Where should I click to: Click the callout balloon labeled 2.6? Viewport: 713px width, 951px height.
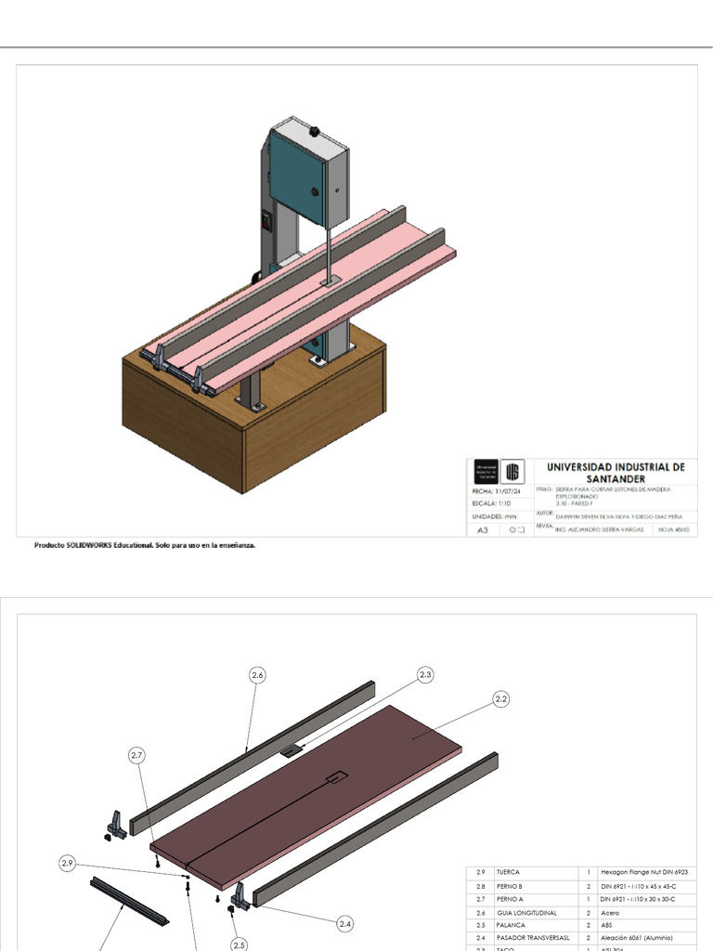[258, 676]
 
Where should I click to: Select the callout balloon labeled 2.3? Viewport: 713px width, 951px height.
[425, 675]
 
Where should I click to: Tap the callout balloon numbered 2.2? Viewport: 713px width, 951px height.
[501, 699]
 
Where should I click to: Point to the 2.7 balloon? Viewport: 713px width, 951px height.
[137, 755]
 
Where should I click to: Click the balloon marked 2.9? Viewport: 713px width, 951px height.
[67, 864]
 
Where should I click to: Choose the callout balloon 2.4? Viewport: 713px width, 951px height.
[345, 923]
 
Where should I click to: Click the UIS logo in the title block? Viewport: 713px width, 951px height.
[512, 470]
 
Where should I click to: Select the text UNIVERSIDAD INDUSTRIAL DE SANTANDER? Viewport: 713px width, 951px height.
[615, 472]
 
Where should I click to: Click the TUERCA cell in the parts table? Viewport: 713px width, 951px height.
[509, 873]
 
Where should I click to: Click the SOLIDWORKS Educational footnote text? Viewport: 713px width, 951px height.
[145, 546]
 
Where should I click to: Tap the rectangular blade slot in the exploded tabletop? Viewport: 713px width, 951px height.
[336, 775]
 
